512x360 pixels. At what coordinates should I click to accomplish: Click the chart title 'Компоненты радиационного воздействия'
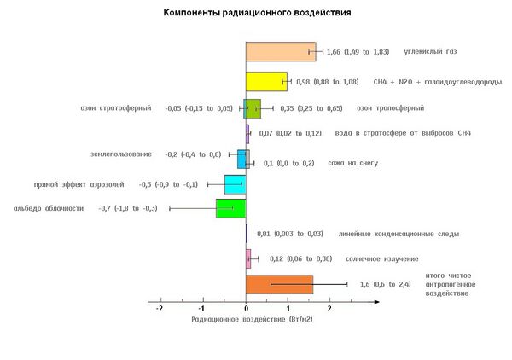click(x=246, y=15)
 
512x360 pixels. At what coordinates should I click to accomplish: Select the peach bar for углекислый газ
click(x=280, y=52)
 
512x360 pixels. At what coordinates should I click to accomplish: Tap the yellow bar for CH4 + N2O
click(x=266, y=81)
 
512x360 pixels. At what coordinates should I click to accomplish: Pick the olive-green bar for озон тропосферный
click(x=253, y=108)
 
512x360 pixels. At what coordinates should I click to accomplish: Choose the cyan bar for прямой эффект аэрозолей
click(x=235, y=184)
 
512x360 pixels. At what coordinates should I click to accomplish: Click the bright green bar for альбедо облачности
click(x=230, y=208)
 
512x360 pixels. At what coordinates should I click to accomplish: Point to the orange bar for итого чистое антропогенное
click(x=279, y=284)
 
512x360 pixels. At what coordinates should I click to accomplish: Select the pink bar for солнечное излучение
click(x=248, y=258)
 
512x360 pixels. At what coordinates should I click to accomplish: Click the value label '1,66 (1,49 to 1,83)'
click(x=358, y=53)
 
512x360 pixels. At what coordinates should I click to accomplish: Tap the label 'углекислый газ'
click(x=431, y=52)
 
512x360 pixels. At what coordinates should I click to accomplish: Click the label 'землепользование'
click(x=121, y=154)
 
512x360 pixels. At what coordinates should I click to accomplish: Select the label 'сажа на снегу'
click(x=352, y=163)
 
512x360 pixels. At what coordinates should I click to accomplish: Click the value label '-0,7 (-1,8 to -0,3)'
click(x=128, y=208)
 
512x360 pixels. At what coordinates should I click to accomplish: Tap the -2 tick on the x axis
click(x=160, y=309)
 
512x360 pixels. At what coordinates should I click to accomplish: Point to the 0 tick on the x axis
click(x=246, y=309)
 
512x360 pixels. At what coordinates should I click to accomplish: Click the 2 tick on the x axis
click(x=330, y=309)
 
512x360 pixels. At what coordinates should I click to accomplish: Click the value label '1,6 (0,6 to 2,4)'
click(x=385, y=284)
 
